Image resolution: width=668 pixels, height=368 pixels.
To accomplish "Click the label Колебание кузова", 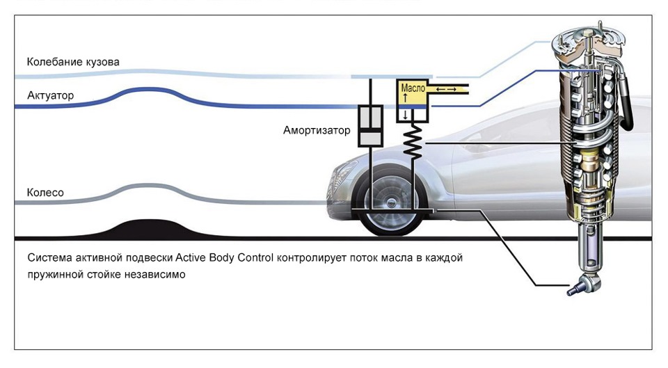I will click(73, 62).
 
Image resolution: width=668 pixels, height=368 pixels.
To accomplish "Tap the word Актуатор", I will click(50, 95).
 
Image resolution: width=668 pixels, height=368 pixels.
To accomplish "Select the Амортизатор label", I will click(317, 130).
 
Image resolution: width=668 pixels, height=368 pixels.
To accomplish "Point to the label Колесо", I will click(45, 192).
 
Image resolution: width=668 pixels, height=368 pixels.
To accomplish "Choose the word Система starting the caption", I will click(49, 258).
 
